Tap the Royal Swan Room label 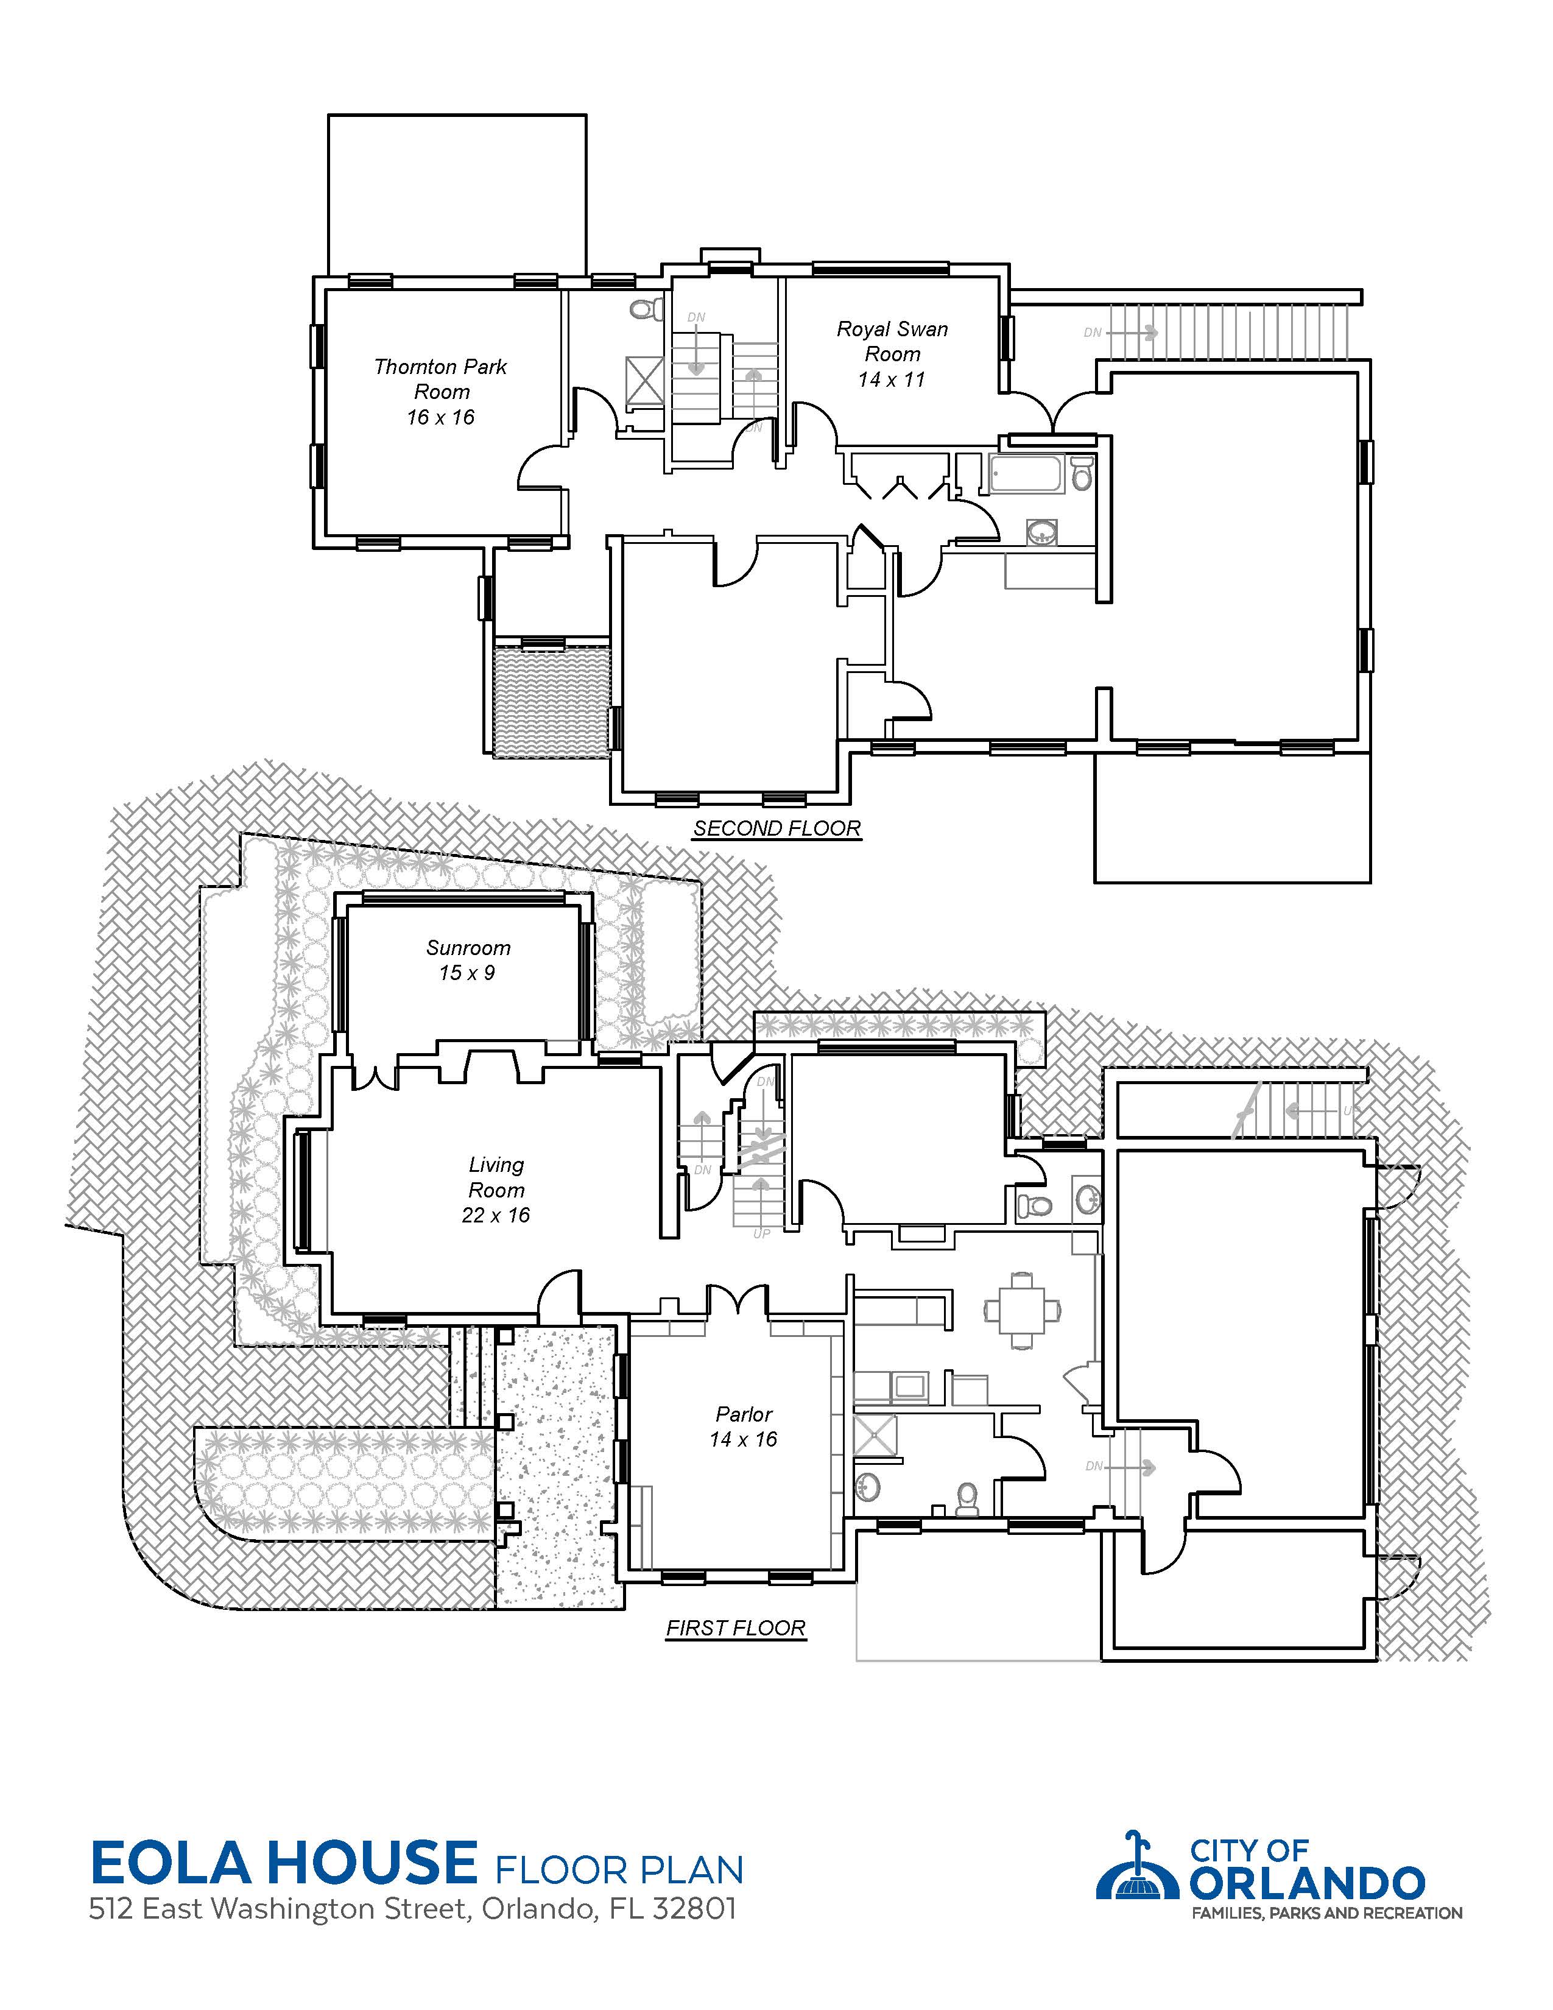coord(892,353)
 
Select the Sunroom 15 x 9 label coord(468,960)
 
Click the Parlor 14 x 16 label coord(744,1426)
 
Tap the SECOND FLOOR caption coord(776,828)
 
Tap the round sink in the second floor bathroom coord(1043,532)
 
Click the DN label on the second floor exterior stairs coord(1092,332)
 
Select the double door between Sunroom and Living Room coord(375,1076)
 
